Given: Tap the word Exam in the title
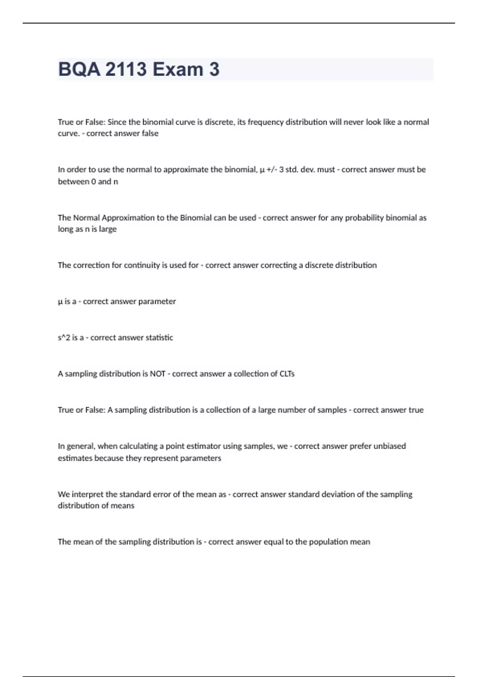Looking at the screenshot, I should (178, 69).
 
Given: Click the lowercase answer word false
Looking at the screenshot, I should (150, 133).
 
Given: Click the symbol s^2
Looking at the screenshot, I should (64, 338).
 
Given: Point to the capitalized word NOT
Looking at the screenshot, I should (157, 374).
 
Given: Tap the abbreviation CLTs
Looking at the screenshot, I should (287, 374).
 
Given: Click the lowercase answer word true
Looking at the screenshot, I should (416, 410).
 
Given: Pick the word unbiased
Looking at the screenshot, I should (389, 446).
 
